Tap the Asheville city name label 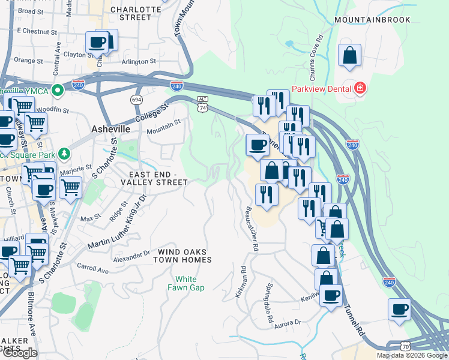[110, 129]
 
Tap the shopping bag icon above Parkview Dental [349, 56]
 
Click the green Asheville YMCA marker [57, 91]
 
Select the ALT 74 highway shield [203, 103]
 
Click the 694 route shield [136, 98]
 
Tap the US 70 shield [406, 346]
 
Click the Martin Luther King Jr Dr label [117, 222]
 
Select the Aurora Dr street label [288, 323]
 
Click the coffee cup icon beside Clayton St [97, 42]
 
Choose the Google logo [19, 352]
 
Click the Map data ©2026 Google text [411, 355]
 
